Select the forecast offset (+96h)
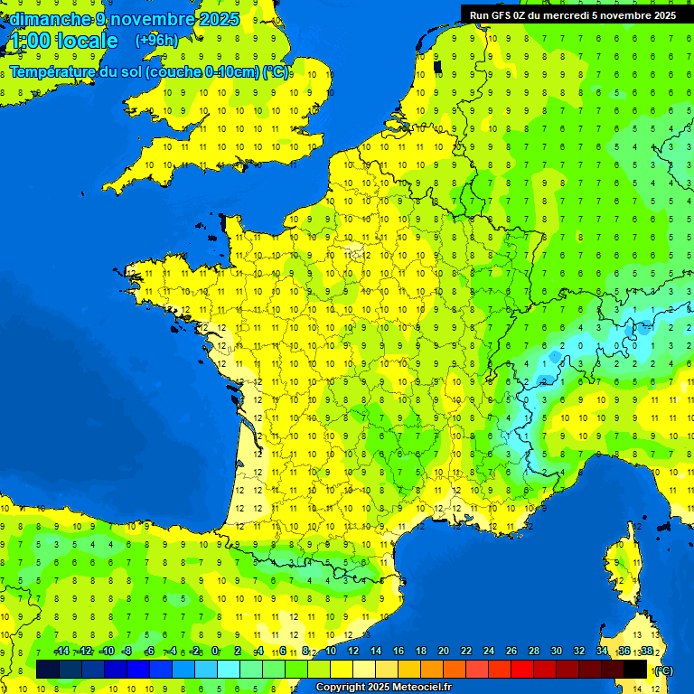pyautogui.click(x=156, y=41)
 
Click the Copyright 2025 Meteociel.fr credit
pyautogui.click(x=382, y=688)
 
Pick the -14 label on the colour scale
pyautogui.click(x=61, y=652)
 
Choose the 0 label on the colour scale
pyautogui.click(x=215, y=652)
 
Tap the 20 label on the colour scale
pyautogui.click(x=443, y=652)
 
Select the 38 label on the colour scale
pyautogui.click(x=646, y=652)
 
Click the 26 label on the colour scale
pyautogui.click(x=511, y=652)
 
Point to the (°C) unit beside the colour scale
pyautogui.click(x=663, y=671)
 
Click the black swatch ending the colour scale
pyautogui.click(x=635, y=669)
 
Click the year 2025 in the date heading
pyautogui.click(x=218, y=19)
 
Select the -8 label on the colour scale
pyautogui.click(x=127, y=652)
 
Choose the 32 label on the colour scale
pyautogui.click(x=578, y=652)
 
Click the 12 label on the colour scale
pyautogui.click(x=352, y=652)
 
